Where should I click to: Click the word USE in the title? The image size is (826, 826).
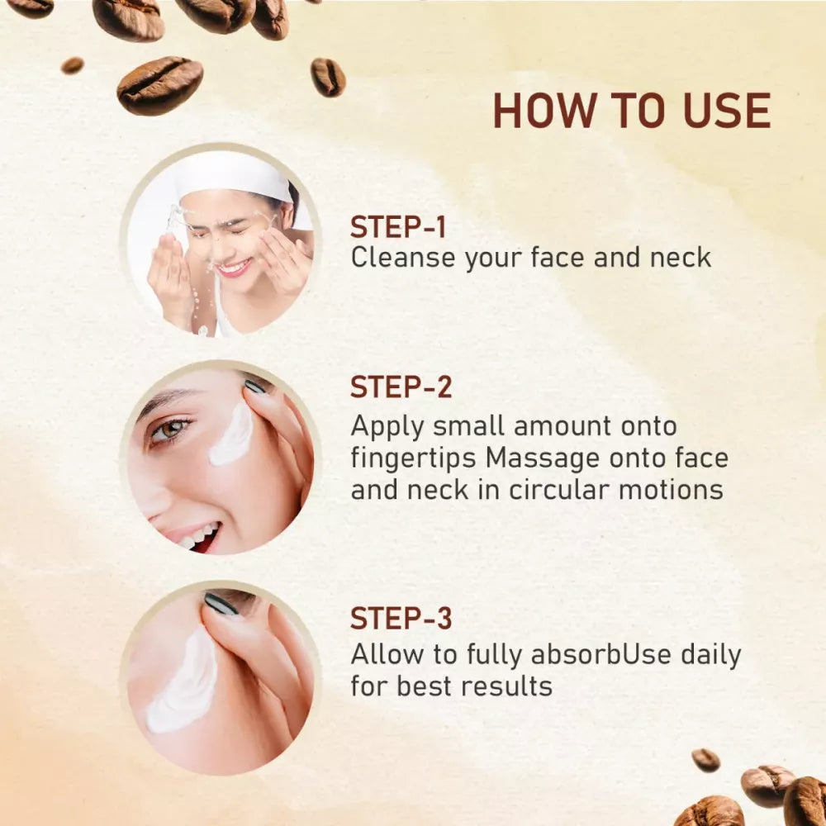(x=726, y=111)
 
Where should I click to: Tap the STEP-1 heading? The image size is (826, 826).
(x=398, y=228)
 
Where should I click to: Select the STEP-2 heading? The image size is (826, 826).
(x=401, y=387)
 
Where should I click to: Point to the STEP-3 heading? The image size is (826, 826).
(x=401, y=618)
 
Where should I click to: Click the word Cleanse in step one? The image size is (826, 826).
(x=402, y=258)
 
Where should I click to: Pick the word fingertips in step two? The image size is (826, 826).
(x=414, y=459)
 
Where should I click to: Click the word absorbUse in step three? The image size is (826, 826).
(x=601, y=655)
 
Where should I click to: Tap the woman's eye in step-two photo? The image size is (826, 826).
(x=169, y=430)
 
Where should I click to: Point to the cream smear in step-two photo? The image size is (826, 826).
(x=232, y=435)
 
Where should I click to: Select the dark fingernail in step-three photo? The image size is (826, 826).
(x=221, y=605)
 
